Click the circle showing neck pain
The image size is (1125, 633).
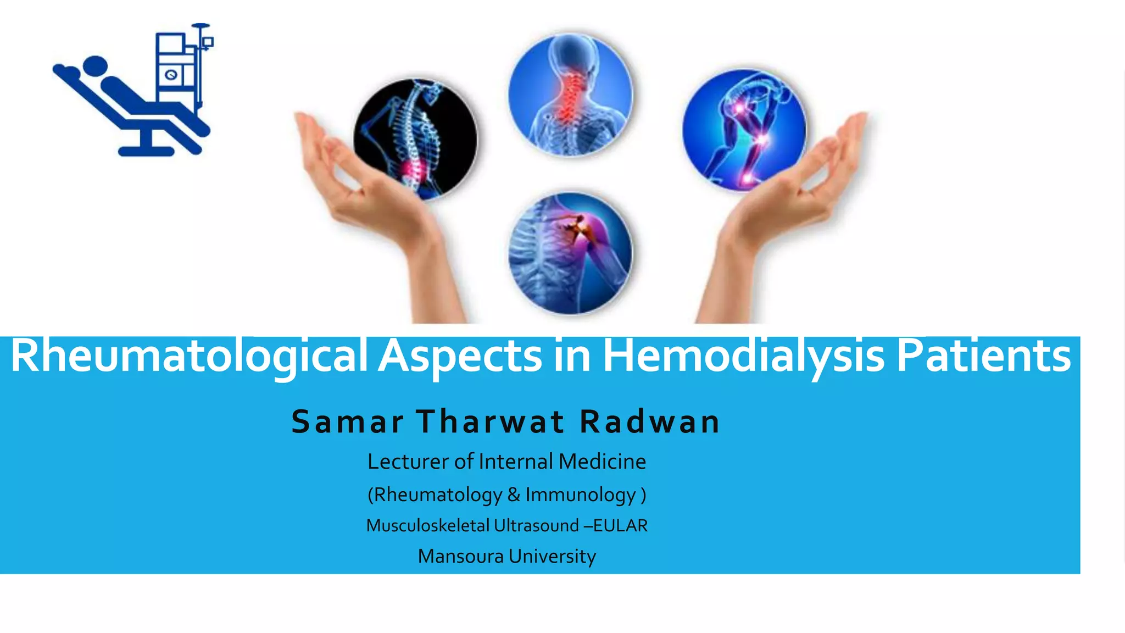[570, 95]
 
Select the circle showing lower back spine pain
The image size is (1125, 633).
[415, 140]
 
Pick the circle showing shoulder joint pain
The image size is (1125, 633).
[570, 253]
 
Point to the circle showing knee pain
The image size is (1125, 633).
[744, 131]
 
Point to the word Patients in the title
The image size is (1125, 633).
[983, 356]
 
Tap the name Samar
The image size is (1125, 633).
[348, 422]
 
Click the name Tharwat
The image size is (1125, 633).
[491, 422]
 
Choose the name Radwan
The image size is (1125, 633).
[650, 422]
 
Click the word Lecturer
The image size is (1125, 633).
[408, 462]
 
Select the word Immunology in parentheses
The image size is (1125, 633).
[580, 495]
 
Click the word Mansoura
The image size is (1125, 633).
[460, 556]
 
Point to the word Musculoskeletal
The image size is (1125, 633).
[427, 526]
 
